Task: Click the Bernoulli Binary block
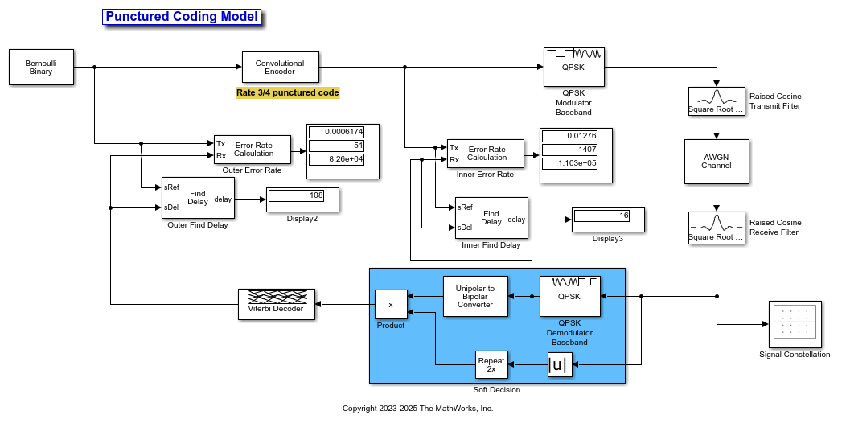coord(41,68)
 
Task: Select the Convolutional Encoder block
coord(281,68)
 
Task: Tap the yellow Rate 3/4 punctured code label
coord(287,92)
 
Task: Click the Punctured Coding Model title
coord(182,17)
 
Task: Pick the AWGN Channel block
coord(717,162)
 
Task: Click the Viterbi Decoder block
coord(277,304)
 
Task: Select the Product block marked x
coord(391,304)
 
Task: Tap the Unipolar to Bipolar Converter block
coord(475,296)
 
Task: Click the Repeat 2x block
coord(492,364)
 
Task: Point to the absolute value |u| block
coord(560,364)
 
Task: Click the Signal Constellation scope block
coord(795,324)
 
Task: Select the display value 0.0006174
coord(337,132)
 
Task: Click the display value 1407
coord(569,150)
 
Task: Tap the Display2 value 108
coord(297,195)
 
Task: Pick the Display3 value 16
coord(602,216)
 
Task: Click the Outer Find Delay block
coord(197,197)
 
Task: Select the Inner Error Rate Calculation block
coord(486,154)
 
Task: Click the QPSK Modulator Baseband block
coord(574,67)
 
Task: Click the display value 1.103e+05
coord(569,163)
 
